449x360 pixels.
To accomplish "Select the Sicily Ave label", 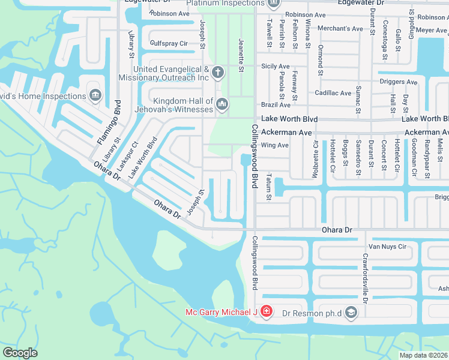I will tap(276, 66).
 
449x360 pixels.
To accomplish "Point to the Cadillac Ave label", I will tap(333, 93).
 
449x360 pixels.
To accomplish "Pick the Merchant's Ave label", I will tap(340, 28).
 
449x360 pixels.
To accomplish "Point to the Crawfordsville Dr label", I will tap(364, 277).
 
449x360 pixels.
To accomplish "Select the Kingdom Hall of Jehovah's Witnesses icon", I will tap(222, 105).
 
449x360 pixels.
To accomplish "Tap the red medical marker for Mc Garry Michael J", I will tap(266, 312).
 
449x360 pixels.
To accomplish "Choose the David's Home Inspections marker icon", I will tap(95, 96).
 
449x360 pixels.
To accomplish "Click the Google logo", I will tap(20, 353).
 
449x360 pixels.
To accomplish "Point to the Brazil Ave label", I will tap(276, 105).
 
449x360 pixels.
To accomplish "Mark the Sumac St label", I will tap(358, 100).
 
